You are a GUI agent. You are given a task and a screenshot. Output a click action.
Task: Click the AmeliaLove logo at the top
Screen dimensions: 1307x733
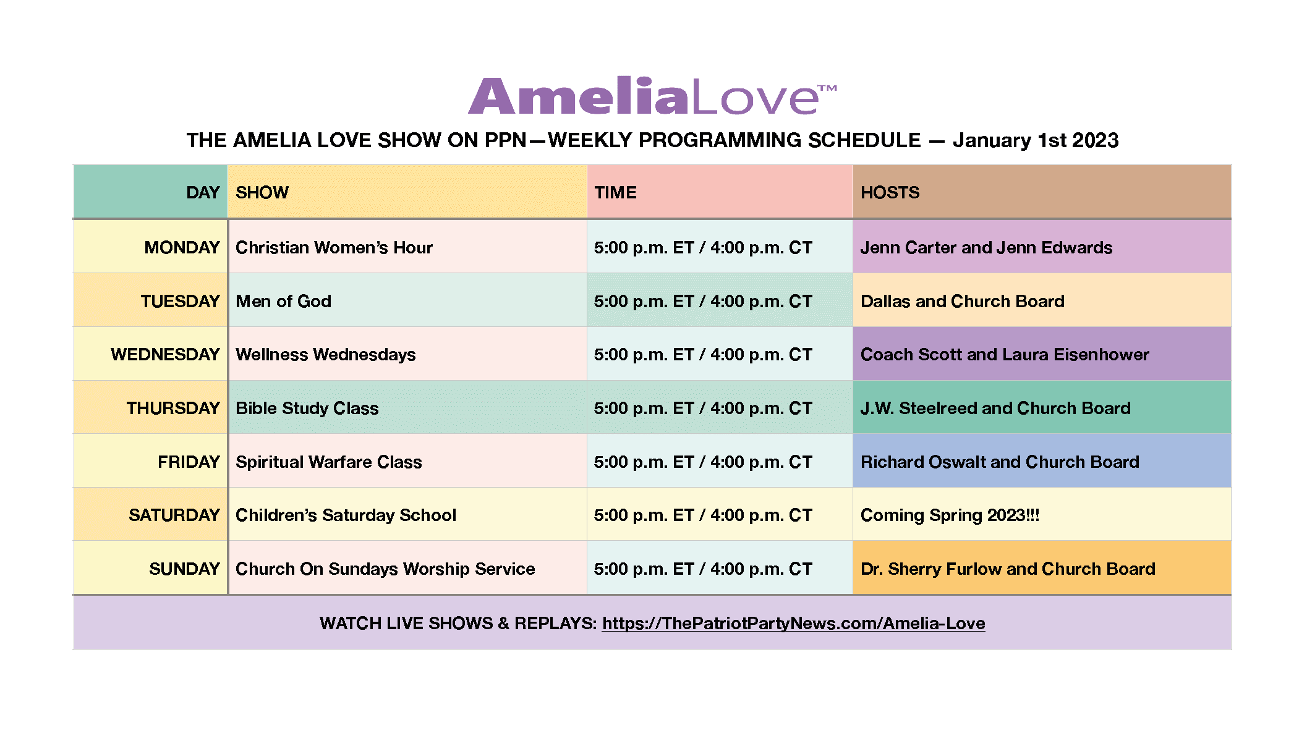tap(652, 96)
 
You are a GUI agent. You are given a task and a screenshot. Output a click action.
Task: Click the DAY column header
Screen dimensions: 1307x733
tap(203, 192)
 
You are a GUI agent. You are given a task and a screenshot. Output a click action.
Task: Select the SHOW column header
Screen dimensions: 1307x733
tap(262, 192)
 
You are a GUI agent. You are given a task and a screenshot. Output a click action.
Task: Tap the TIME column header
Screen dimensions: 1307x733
tap(615, 192)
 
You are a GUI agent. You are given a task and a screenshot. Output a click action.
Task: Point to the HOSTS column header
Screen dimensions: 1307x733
tap(890, 192)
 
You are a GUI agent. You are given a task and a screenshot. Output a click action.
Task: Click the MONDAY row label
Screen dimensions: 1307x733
tap(182, 247)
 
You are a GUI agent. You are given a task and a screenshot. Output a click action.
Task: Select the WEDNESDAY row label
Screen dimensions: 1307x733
tap(165, 354)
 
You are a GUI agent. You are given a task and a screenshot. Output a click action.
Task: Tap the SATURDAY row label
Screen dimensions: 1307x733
tap(174, 515)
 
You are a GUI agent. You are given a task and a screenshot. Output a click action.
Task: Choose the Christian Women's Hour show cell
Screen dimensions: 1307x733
tap(334, 247)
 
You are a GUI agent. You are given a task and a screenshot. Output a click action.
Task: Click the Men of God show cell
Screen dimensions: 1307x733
tap(283, 301)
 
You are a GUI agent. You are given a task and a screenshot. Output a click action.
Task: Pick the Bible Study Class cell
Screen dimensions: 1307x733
tap(307, 408)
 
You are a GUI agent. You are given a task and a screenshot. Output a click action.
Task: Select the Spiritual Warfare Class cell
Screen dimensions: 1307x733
tap(328, 462)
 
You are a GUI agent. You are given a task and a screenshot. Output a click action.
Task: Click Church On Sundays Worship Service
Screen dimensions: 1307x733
tap(385, 569)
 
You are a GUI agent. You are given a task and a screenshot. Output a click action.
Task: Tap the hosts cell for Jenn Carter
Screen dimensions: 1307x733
tap(986, 247)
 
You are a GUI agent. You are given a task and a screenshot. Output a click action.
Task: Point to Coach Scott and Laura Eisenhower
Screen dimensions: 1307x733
tap(1005, 354)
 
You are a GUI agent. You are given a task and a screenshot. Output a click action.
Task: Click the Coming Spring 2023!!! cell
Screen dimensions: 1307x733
tap(950, 515)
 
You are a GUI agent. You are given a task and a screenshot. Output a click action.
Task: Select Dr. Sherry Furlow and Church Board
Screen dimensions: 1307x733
tap(1008, 569)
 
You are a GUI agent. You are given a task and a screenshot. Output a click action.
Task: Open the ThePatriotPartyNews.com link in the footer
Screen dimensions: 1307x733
tap(794, 623)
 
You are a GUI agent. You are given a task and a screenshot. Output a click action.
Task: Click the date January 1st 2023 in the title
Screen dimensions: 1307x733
tap(1036, 140)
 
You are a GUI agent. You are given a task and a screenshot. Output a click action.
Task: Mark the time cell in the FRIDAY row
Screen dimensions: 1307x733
tap(703, 462)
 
